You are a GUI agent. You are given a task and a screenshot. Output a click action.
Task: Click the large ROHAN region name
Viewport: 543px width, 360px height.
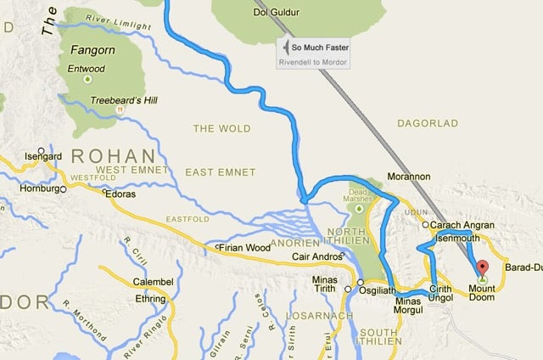(113, 156)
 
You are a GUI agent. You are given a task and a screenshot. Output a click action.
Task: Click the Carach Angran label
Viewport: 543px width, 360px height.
(463, 226)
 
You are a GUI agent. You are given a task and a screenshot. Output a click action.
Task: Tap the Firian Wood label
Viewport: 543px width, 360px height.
(246, 248)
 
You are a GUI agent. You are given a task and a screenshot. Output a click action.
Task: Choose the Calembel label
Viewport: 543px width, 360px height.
(153, 281)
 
